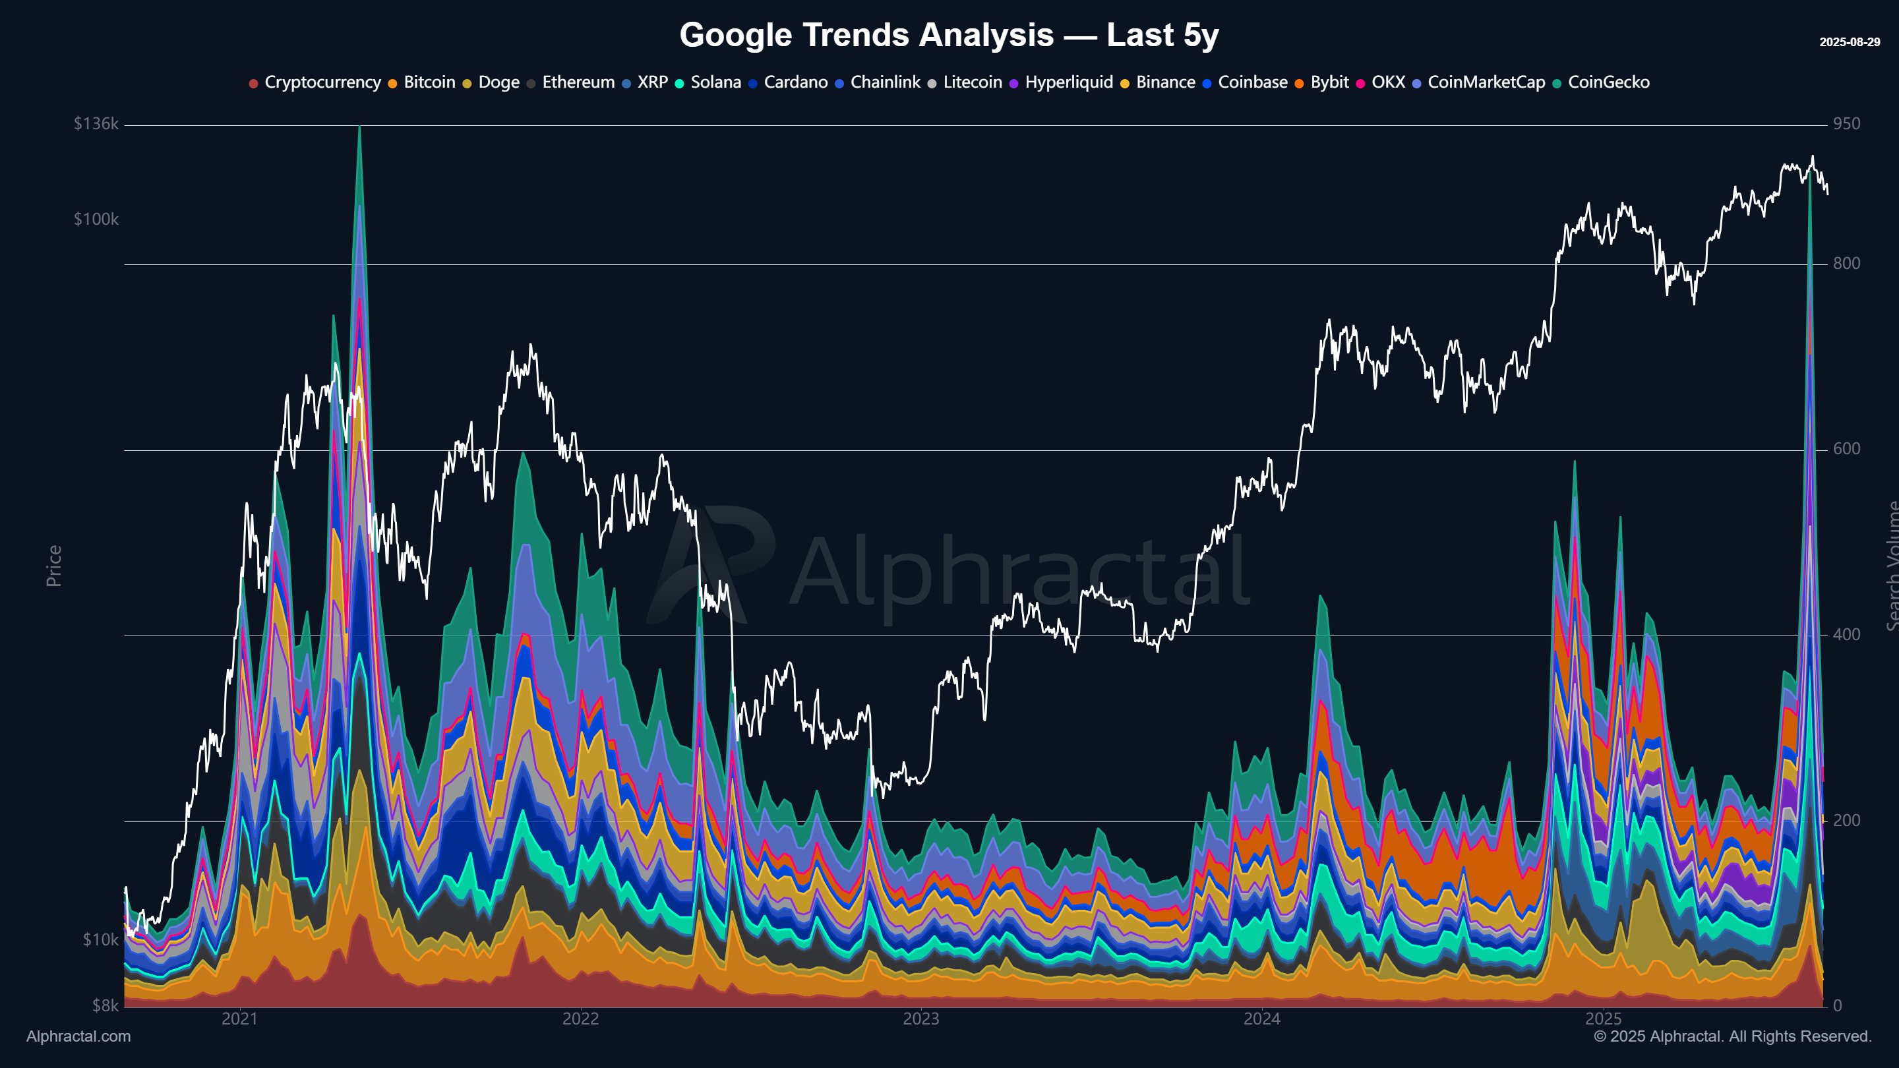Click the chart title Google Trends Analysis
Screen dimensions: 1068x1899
(948, 36)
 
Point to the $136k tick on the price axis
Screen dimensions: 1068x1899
(96, 124)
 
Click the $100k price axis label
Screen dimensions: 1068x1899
(96, 220)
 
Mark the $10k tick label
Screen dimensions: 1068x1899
(100, 939)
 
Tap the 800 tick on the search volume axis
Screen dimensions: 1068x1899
(1846, 264)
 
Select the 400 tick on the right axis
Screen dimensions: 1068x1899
(1846, 635)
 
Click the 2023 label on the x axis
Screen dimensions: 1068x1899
(920, 1019)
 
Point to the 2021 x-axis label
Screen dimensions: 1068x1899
(239, 1019)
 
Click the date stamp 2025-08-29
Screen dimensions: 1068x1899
(1849, 42)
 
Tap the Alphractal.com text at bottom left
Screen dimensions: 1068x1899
(78, 1036)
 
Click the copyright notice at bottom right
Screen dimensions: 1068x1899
(1732, 1036)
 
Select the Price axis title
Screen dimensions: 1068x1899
(54, 566)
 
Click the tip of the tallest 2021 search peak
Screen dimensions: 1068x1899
(359, 129)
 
